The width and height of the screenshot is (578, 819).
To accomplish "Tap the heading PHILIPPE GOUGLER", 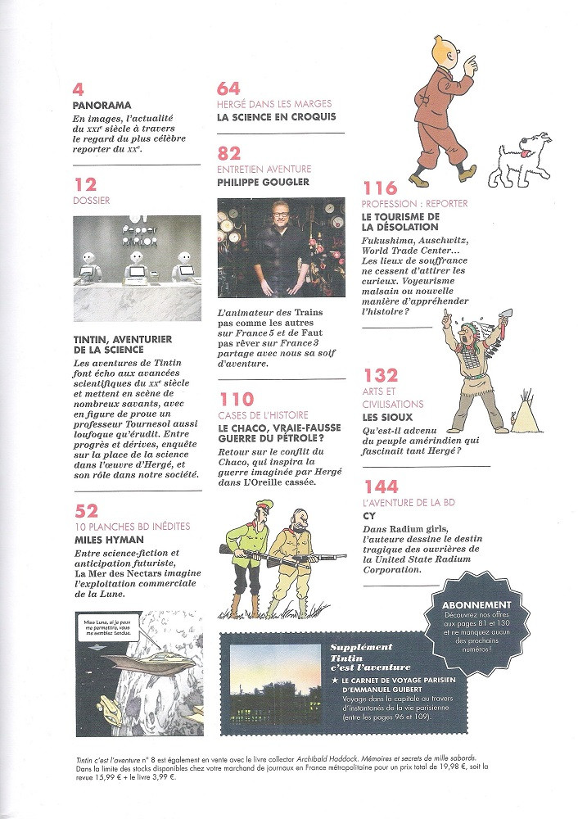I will click(264, 183).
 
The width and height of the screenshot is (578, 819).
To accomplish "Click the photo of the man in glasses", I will click(281, 247).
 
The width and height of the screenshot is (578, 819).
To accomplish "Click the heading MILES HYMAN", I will click(108, 541).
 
